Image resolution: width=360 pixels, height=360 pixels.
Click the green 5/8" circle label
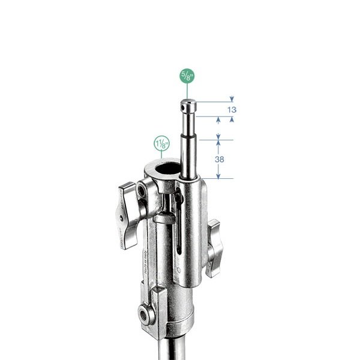[x=187, y=76]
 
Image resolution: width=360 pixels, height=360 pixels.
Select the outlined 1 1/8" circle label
[x=161, y=143]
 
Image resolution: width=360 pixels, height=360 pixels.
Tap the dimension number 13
[x=232, y=110]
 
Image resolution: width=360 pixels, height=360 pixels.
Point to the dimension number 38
[x=219, y=159]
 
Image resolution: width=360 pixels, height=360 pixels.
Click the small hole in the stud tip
[x=183, y=107]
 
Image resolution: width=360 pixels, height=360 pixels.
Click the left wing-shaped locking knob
[x=127, y=216]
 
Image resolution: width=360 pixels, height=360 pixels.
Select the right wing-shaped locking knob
[x=214, y=248]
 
